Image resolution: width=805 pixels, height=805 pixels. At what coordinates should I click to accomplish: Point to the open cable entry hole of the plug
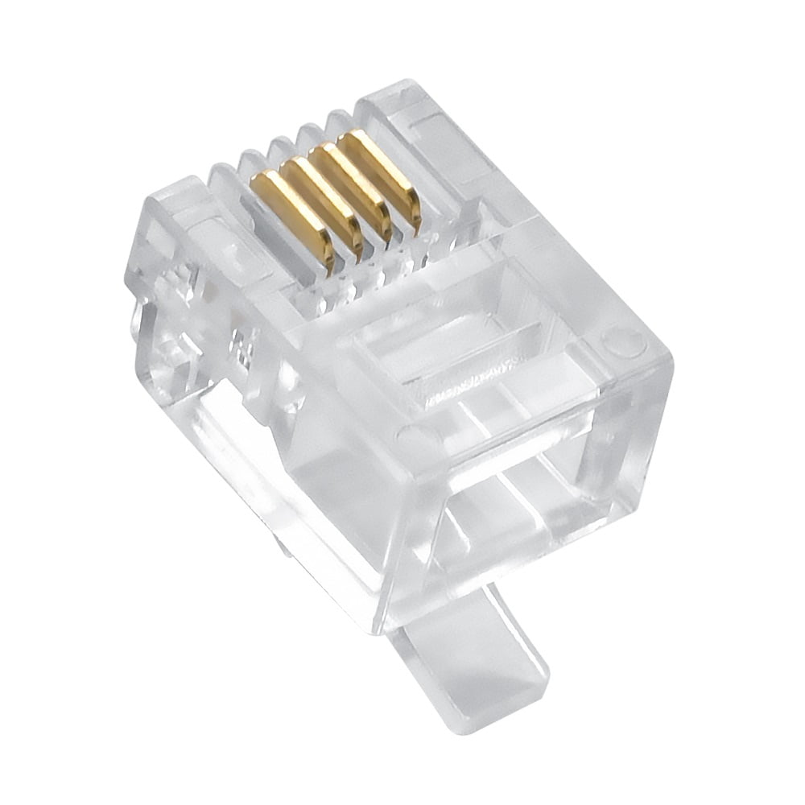click(x=523, y=483)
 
